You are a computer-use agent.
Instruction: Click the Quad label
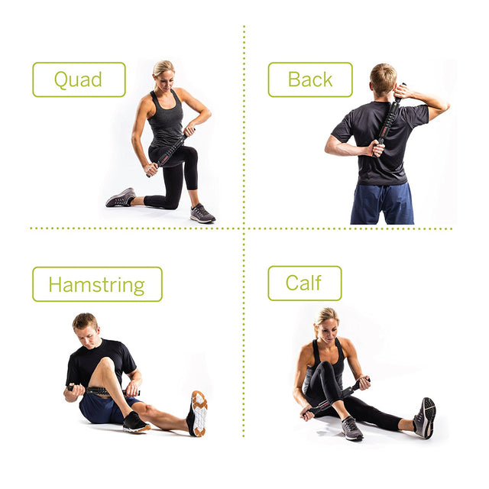tap(79, 79)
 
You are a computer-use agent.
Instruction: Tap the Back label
tap(310, 79)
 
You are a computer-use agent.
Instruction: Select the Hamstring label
tap(97, 284)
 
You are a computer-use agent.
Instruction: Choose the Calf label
tap(305, 283)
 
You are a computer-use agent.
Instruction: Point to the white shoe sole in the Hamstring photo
tap(199, 413)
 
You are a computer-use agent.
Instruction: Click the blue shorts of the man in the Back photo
tap(382, 203)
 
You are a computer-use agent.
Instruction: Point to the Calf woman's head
tap(328, 324)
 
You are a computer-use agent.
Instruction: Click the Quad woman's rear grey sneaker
tap(121, 198)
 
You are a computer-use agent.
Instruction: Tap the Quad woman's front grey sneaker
tap(202, 214)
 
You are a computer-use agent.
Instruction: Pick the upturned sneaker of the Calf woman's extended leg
tap(425, 418)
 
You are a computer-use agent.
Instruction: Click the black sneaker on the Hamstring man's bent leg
tap(136, 423)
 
